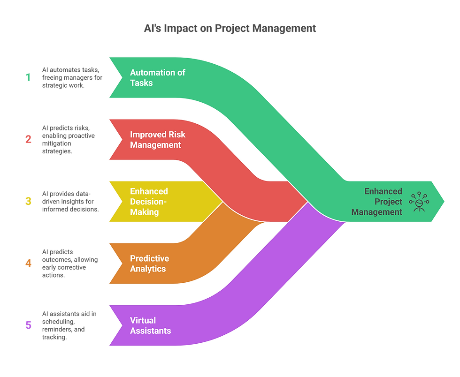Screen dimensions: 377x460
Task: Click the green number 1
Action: [x=28, y=77]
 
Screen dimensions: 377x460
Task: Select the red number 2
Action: [x=28, y=139]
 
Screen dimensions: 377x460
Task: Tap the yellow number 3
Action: [x=28, y=201]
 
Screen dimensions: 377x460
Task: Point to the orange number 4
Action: [x=29, y=263]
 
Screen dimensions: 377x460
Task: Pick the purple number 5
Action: [x=28, y=324]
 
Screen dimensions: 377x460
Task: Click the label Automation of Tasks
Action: [x=158, y=77]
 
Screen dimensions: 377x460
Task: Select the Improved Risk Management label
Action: [x=158, y=140]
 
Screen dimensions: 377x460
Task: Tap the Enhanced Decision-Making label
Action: [x=149, y=202]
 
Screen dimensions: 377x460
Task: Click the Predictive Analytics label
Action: [x=149, y=264]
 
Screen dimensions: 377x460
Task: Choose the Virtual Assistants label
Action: [x=150, y=325]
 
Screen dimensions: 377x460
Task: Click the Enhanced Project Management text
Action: [x=377, y=202]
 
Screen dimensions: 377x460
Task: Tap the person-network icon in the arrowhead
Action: [x=419, y=202]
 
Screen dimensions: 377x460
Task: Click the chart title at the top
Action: [x=230, y=29]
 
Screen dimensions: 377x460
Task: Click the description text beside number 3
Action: [x=70, y=201]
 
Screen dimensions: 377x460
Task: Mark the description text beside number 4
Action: [x=69, y=263]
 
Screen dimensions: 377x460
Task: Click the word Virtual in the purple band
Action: [x=143, y=320]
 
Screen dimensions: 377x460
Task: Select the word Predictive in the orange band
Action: [x=149, y=258]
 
